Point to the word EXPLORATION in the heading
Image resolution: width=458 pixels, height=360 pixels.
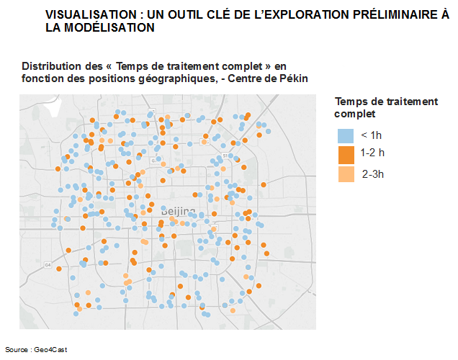(288, 14)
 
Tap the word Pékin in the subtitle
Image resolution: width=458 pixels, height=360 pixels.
(294, 78)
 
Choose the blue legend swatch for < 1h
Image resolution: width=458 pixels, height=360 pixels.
(346, 135)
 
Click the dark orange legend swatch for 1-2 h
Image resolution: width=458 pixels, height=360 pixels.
(346, 154)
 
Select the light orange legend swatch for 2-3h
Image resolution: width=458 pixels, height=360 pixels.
(346, 174)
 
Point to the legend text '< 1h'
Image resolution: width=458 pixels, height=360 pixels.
(372, 135)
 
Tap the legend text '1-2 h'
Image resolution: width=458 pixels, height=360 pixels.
(373, 153)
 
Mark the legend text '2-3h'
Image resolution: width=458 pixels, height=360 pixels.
(374, 174)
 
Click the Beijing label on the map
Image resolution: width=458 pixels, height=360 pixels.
(178, 211)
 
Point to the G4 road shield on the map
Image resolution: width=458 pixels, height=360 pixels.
(48, 265)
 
